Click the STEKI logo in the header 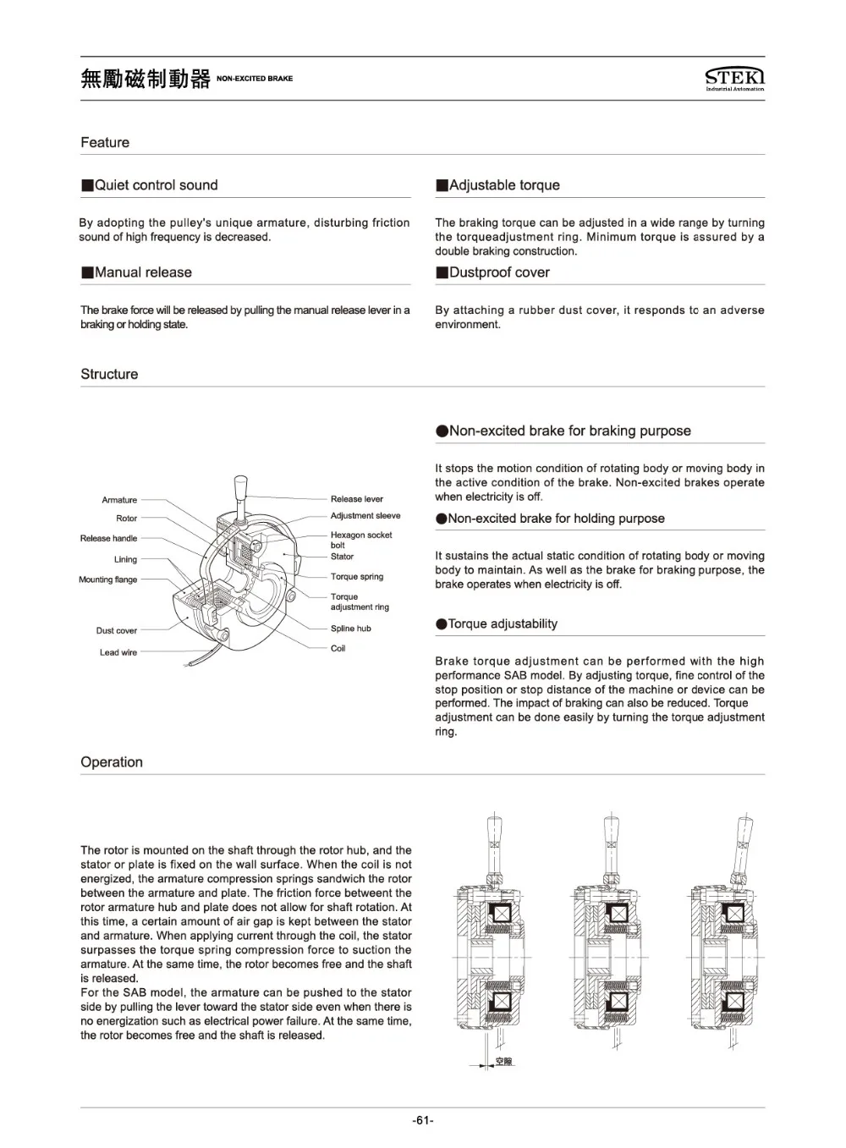[x=734, y=78]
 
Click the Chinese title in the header [x=146, y=79]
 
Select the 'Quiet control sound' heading [x=156, y=185]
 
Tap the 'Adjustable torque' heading [x=504, y=185]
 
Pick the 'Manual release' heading [x=143, y=272]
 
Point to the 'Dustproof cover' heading [x=499, y=272]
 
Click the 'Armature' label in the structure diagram [x=119, y=500]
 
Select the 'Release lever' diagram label [x=356, y=499]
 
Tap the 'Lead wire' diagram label [x=118, y=652]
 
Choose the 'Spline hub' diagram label [x=350, y=629]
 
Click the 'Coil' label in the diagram [x=338, y=648]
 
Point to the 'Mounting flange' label [x=107, y=579]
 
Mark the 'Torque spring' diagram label [x=356, y=577]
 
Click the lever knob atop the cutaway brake [x=240, y=488]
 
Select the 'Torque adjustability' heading [x=503, y=624]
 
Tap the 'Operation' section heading [x=112, y=762]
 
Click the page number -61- [x=423, y=1121]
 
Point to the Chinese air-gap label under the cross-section [x=503, y=1062]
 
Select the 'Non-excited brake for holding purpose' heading [x=556, y=519]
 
